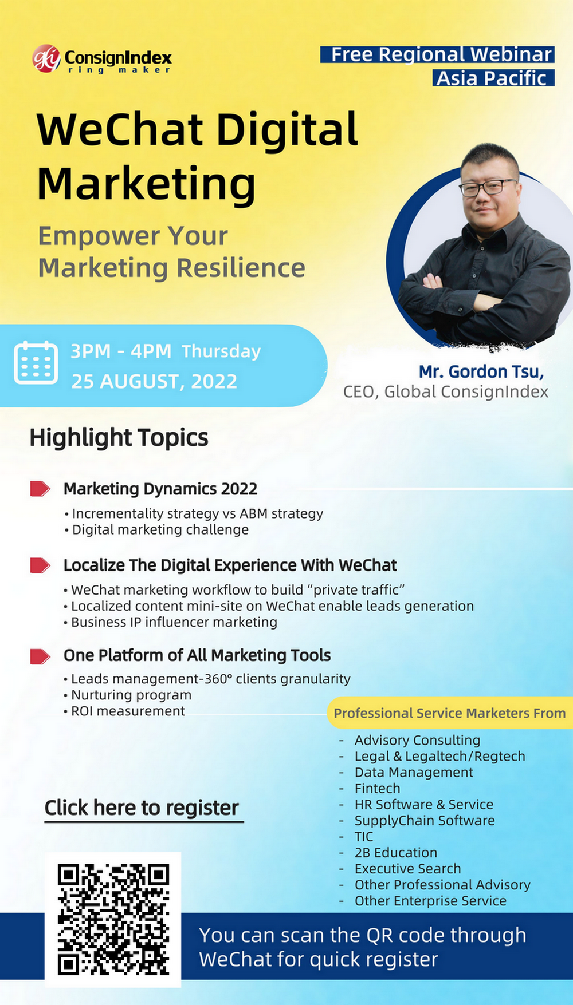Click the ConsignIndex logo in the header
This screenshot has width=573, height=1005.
point(102,59)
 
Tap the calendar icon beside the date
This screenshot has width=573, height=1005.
point(36,362)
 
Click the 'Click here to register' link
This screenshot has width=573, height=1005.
point(142,808)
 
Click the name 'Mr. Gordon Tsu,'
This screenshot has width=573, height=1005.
point(481,371)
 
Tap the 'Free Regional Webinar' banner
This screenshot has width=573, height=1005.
point(437,54)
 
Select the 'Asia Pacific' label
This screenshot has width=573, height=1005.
point(493,77)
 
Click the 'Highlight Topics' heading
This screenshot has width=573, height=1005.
point(119,438)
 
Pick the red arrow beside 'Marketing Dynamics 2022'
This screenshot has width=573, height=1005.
point(40,489)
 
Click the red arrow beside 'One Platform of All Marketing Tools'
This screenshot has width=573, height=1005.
point(40,656)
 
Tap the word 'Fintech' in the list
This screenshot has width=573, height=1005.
point(377,788)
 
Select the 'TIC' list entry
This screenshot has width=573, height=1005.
point(364,836)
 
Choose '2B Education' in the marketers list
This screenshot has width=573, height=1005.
point(396,852)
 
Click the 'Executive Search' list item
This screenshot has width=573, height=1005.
point(407,868)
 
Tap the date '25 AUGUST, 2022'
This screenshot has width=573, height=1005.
point(154,381)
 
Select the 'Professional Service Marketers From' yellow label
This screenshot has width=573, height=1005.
point(450,713)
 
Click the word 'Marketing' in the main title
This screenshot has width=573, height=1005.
point(146,184)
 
